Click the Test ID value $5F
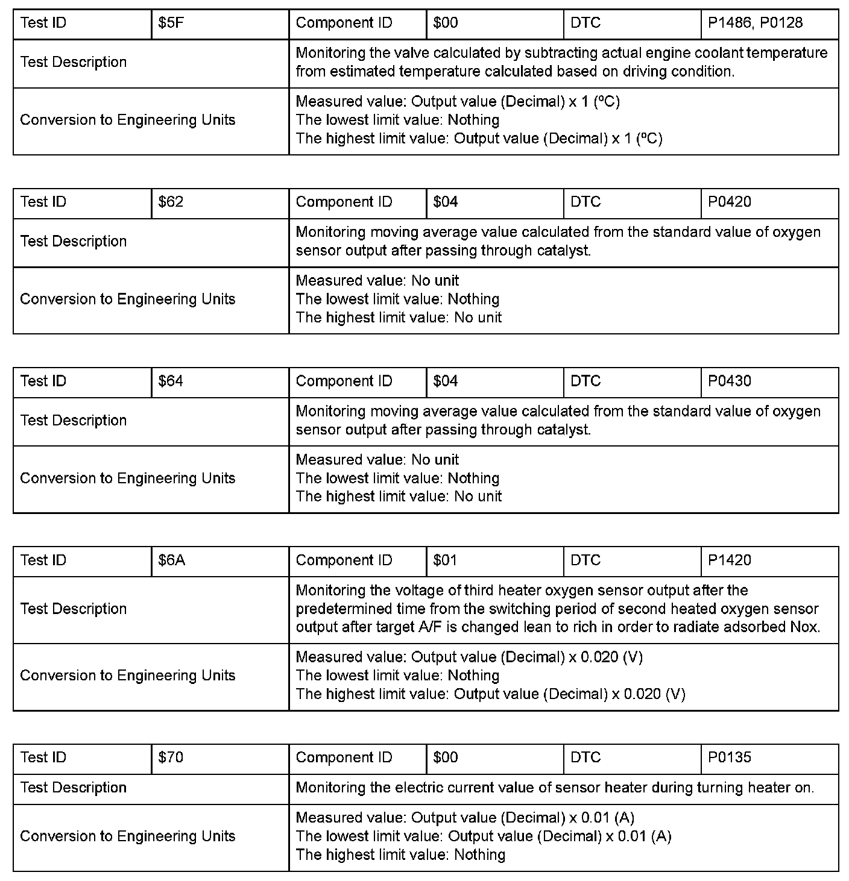171,23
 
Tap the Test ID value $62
171,202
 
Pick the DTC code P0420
730,202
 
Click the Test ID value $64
171,381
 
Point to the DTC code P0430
730,381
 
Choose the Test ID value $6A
172,560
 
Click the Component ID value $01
445,560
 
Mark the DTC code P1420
730,560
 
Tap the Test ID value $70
171,757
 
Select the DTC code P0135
730,757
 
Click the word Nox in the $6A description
804,627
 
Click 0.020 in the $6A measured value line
600,657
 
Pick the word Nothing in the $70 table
479,855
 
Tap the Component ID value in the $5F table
445,23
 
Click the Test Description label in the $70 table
74,788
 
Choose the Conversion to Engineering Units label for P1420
127,676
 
